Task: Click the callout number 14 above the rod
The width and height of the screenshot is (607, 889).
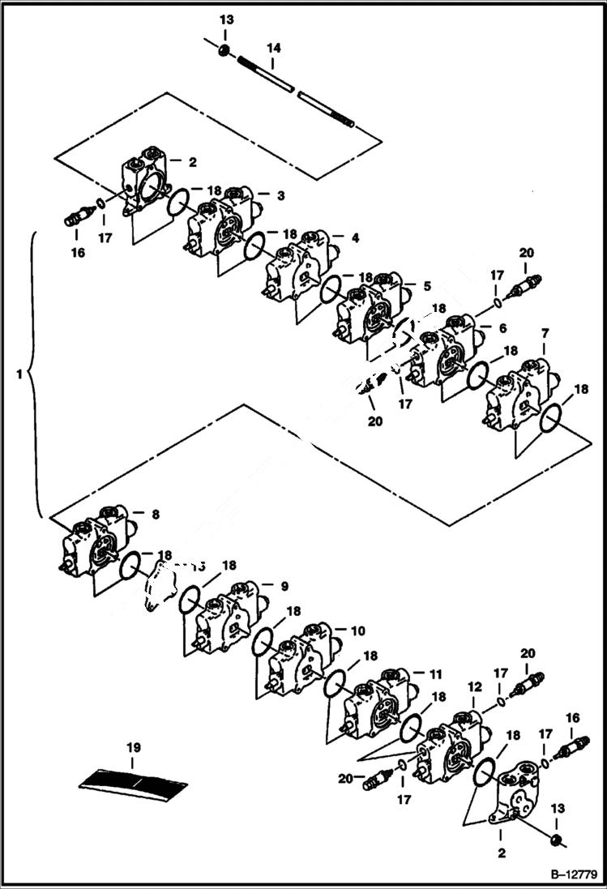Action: click(x=274, y=49)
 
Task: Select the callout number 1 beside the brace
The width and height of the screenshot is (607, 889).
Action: click(x=19, y=374)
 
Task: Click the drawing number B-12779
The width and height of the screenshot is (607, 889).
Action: click(x=574, y=874)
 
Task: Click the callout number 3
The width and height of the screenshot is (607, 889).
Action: click(x=280, y=195)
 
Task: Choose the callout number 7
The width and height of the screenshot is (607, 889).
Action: click(x=545, y=333)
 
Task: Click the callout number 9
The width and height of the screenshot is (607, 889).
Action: click(x=284, y=586)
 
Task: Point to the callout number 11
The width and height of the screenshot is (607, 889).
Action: click(x=436, y=673)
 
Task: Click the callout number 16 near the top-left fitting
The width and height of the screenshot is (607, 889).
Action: click(x=78, y=253)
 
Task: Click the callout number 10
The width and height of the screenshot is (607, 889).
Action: click(x=357, y=630)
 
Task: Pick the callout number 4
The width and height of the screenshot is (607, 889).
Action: click(x=355, y=238)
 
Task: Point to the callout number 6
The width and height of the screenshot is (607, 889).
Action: click(x=502, y=328)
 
